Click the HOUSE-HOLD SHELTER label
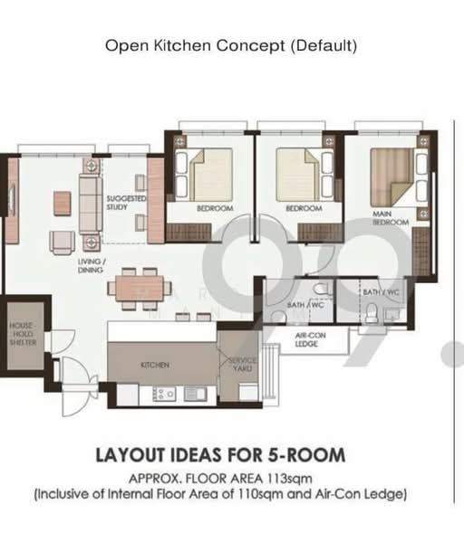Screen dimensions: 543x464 coord(23,333)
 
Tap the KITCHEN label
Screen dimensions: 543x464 coord(153,366)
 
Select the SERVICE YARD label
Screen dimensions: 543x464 coord(239,364)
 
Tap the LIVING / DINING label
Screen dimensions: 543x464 coord(92,265)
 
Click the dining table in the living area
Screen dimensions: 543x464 coord(140,289)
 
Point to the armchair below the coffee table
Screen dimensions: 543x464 coord(62,240)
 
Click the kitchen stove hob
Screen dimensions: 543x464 coord(167,394)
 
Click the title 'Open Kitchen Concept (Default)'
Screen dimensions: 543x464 coord(231,44)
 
